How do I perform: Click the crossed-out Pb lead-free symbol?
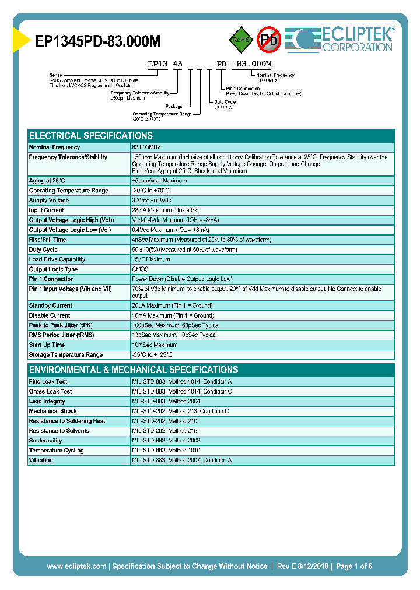[269, 40]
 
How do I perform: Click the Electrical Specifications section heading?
[90, 135]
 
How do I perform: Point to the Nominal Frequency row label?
[54, 147]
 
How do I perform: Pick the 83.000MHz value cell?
[146, 147]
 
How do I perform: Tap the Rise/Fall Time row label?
[47, 240]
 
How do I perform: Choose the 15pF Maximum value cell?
[150, 259]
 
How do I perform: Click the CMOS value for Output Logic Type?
[140, 269]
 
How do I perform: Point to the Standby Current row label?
[50, 305]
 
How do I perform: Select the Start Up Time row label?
[48, 345]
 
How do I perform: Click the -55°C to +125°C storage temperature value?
[152, 355]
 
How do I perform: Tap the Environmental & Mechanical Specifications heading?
[134, 370]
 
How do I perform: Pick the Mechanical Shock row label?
[52, 411]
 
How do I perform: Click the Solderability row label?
[45, 441]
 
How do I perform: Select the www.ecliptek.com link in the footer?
[76, 566]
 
